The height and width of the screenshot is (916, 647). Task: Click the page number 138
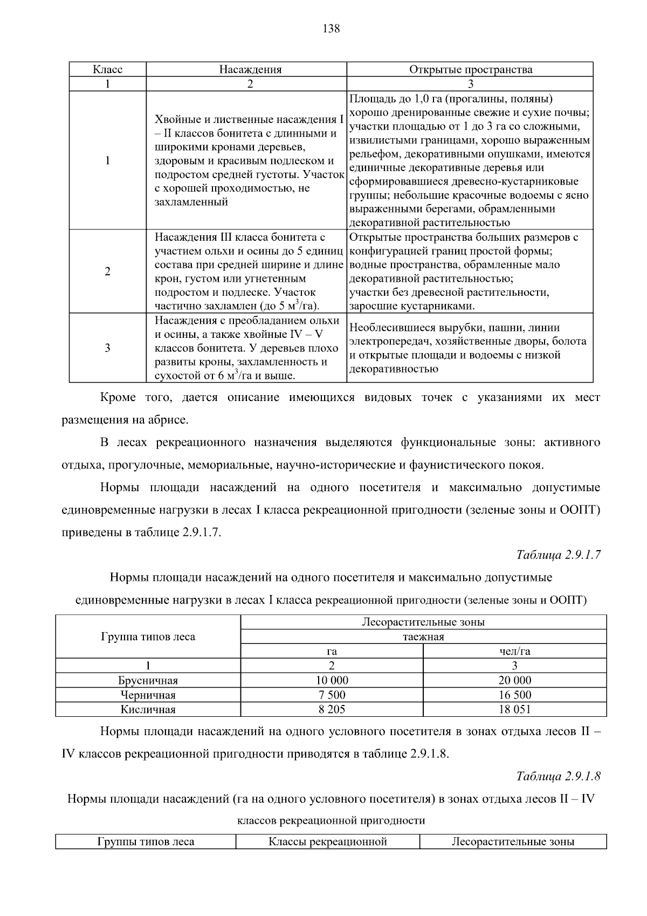tap(331, 29)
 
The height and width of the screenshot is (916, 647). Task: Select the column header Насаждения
tap(250, 69)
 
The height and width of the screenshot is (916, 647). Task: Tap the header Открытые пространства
tap(470, 69)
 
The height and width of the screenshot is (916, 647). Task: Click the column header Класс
tap(108, 69)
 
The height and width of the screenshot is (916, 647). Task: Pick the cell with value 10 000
tap(332, 680)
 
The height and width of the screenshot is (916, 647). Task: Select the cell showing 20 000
tap(514, 680)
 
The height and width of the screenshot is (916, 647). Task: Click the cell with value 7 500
tap(332, 695)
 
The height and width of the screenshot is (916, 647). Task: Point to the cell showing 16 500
tap(514, 695)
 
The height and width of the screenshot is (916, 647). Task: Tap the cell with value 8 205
tap(332, 709)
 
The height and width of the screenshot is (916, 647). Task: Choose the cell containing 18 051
tap(514, 709)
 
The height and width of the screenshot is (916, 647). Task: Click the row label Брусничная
tap(148, 681)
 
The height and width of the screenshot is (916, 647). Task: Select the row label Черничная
tap(148, 695)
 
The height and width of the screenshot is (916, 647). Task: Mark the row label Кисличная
tap(148, 709)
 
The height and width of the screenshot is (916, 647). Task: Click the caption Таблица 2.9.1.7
tap(558, 555)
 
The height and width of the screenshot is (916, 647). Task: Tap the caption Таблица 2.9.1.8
tap(558, 776)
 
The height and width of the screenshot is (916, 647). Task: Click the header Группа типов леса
tap(148, 636)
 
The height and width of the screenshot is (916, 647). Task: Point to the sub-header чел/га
tap(514, 651)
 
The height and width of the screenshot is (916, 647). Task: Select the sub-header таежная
tap(423, 636)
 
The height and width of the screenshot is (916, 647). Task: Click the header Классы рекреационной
tap(328, 842)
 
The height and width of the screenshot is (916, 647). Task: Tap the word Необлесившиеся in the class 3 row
tap(385, 328)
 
